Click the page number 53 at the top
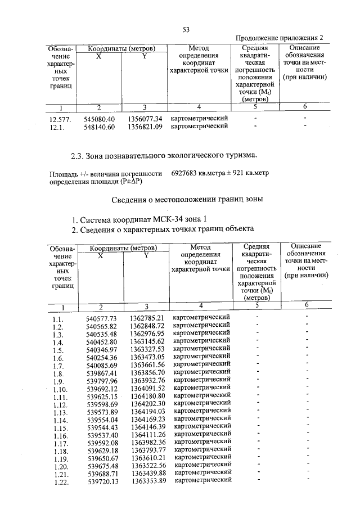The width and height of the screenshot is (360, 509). click(x=185, y=29)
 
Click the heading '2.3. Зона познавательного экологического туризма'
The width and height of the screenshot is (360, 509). click(x=164, y=154)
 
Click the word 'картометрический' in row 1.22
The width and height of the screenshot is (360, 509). click(x=203, y=480)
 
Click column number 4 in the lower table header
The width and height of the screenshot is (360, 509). click(x=199, y=305)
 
